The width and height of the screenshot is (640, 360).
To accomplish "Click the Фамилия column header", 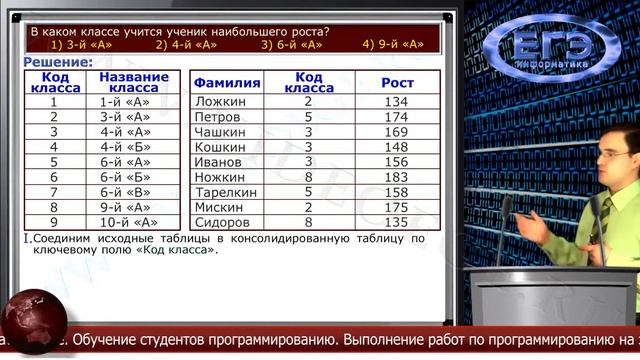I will click(x=226, y=83).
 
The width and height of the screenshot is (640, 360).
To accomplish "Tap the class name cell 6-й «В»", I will click(x=126, y=191).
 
